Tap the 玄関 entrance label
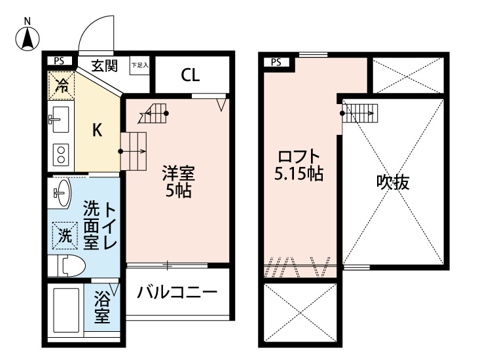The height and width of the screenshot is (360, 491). [x=104, y=65]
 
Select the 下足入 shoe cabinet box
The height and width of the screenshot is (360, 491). [x=139, y=65]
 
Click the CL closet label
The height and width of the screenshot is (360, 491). [x=190, y=75]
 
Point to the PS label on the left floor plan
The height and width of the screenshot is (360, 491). [x=59, y=61]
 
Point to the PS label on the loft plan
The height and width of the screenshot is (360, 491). [x=275, y=62]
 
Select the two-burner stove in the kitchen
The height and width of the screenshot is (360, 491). [x=62, y=154]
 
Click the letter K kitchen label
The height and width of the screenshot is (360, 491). [x=96, y=130]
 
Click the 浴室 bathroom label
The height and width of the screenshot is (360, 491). [x=101, y=308]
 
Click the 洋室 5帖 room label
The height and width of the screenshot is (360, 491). [x=177, y=183]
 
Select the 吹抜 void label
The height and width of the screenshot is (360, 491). [x=393, y=183]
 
